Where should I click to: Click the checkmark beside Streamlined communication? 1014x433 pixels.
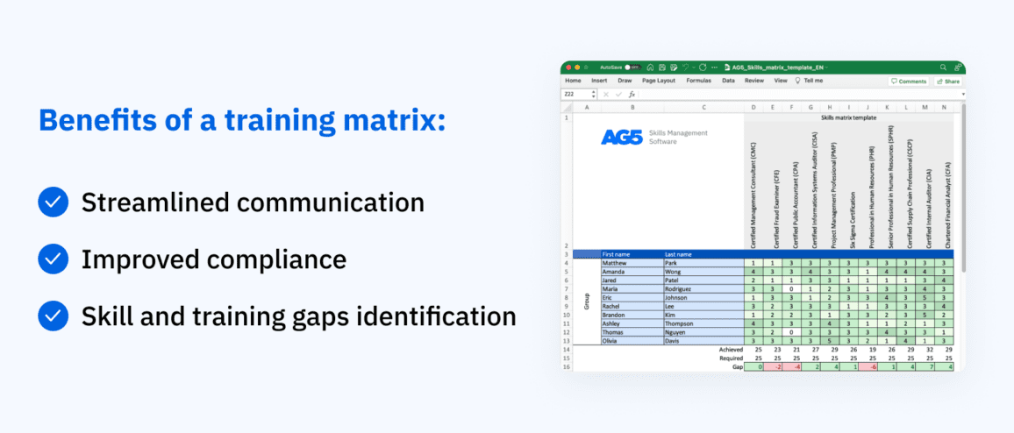54,203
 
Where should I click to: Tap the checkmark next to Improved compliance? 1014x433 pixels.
54,259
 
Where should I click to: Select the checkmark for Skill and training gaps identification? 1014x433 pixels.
54,316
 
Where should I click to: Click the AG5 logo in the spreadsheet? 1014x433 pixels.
622,137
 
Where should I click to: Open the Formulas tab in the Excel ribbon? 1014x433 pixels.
698,81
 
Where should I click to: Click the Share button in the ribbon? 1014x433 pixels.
948,81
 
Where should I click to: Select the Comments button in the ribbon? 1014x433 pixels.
909,81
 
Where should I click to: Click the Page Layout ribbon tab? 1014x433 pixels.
659,81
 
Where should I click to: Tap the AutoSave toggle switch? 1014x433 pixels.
630,67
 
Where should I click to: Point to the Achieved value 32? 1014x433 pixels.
925,350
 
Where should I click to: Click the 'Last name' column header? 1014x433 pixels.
679,254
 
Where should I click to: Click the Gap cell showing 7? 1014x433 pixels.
925,366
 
